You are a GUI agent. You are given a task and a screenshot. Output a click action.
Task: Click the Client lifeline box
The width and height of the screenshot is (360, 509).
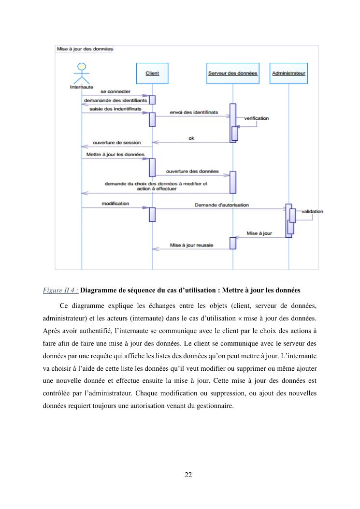[x=152, y=73]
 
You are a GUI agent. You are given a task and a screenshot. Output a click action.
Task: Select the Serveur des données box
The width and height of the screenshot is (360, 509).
[x=232, y=73]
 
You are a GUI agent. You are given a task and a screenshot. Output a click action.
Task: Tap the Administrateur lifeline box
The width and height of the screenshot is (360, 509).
[x=288, y=73]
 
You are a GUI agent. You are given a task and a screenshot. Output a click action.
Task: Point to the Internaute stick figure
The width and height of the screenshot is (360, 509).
[x=82, y=75]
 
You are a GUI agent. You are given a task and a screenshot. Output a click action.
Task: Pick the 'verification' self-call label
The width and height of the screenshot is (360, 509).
[x=257, y=118]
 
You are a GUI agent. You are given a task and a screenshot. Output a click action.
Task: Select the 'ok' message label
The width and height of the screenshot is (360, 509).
[x=191, y=138]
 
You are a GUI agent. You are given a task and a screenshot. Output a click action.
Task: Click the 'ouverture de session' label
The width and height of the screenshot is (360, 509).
[x=117, y=143]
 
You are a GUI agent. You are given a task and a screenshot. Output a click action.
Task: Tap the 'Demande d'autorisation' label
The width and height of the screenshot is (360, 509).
[x=222, y=205]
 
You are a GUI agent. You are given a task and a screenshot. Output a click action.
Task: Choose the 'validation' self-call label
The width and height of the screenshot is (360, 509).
[x=312, y=211]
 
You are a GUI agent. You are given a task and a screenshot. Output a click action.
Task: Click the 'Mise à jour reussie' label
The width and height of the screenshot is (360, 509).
[x=191, y=246]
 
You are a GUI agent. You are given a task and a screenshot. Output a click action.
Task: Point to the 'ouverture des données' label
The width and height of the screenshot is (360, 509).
[x=192, y=171]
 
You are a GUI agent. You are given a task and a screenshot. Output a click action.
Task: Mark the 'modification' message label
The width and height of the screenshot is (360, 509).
[x=115, y=204]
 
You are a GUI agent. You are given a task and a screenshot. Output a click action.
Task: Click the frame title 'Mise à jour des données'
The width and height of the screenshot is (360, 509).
[x=85, y=49]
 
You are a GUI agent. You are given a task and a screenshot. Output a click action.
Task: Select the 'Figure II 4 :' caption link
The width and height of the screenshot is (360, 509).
[x=60, y=291]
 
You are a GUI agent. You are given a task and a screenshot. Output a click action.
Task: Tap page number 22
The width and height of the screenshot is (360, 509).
[x=188, y=475]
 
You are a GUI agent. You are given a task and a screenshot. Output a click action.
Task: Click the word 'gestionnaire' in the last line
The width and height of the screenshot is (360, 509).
[x=215, y=406]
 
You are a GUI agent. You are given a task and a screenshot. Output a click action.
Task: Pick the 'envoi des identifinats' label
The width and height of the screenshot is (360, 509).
[x=194, y=112]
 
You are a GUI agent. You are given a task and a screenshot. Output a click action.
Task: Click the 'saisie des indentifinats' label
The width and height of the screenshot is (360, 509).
[x=115, y=109]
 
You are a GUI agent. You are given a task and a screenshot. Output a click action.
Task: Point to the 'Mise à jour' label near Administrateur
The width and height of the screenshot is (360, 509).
[x=259, y=233]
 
